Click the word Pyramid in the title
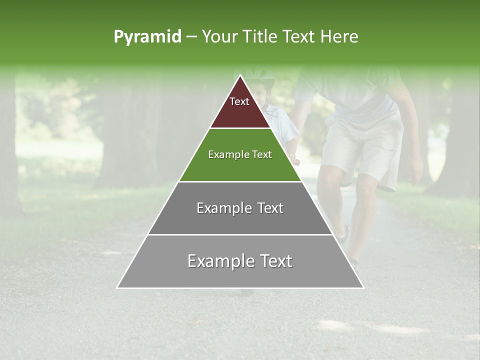[147, 37]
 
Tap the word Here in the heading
[339, 37]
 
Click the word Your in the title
[219, 37]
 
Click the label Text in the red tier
[239, 101]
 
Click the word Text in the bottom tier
[274, 261]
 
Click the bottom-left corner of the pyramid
[117, 287]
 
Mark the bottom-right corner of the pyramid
[363, 287]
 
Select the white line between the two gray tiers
[240, 234]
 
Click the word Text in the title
[299, 37]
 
